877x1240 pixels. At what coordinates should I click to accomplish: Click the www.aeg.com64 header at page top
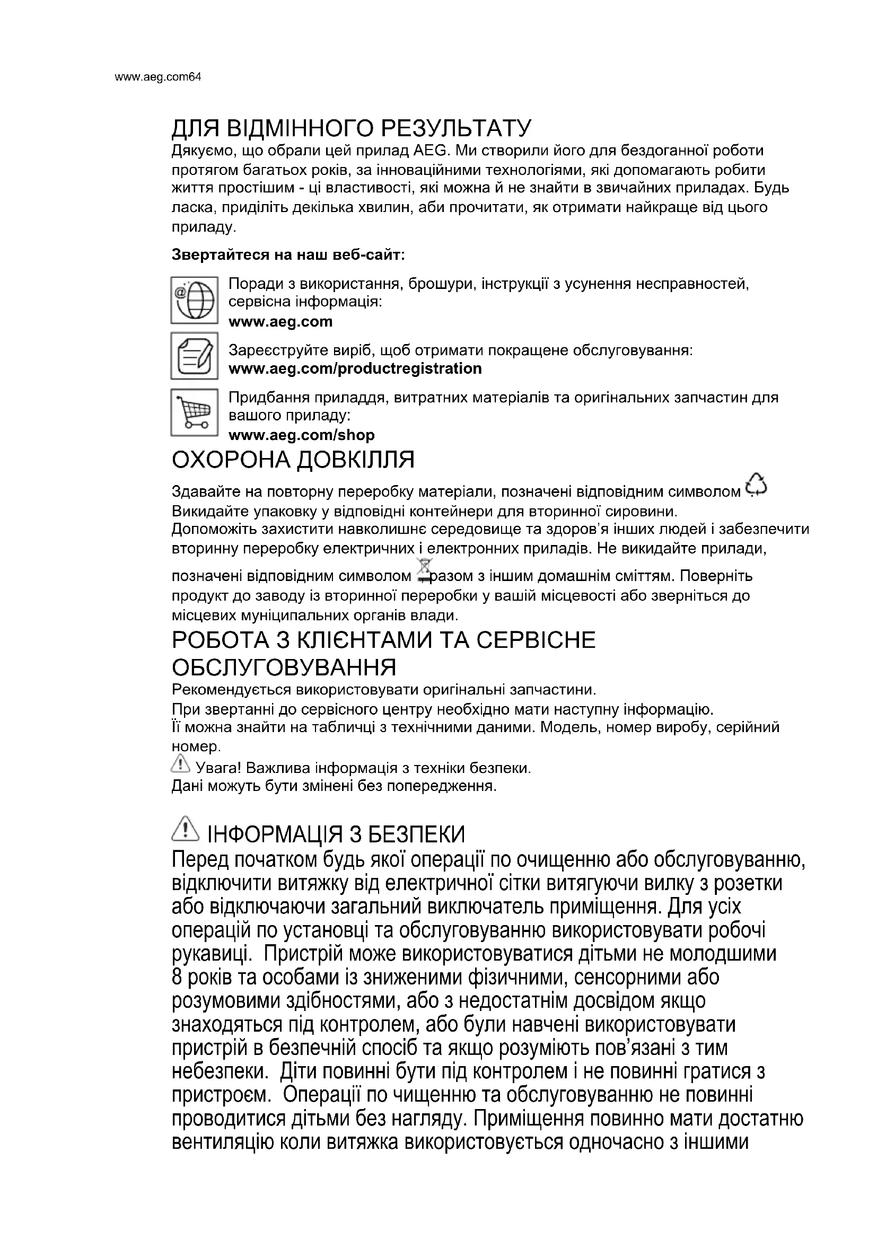tap(157, 77)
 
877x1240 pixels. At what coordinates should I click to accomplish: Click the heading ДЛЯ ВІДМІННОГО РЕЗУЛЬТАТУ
tap(351, 128)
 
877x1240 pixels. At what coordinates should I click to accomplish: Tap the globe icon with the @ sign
tap(195, 300)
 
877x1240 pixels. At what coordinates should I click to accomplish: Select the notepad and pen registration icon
tap(195, 356)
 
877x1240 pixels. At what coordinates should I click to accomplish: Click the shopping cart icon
tap(195, 412)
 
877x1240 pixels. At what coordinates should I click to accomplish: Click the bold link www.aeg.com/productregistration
tap(355, 369)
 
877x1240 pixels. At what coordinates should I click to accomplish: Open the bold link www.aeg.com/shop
tap(301, 435)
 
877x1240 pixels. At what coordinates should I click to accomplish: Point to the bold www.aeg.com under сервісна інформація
tap(280, 322)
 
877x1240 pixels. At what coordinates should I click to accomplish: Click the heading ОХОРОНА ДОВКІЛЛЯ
tap(293, 460)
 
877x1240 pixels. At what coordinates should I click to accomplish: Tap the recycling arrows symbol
tap(756, 485)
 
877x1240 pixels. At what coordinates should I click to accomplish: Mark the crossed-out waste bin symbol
tap(426, 571)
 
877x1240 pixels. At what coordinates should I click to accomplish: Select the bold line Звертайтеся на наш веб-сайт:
tap(288, 254)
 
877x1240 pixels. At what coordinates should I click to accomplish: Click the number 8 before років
tap(177, 978)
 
